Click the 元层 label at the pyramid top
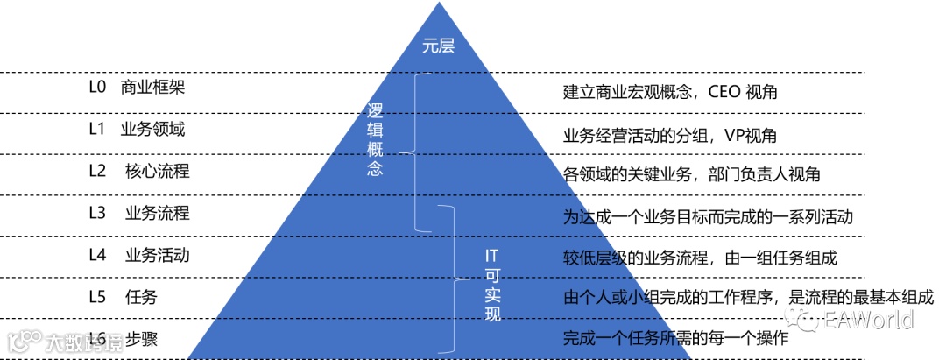pyautogui.click(x=439, y=47)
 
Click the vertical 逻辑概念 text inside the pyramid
pyautogui.click(x=375, y=138)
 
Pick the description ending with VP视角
pyautogui.click(x=669, y=136)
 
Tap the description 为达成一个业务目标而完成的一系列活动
pyautogui.click(x=708, y=216)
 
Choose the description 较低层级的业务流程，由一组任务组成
pyautogui.click(x=701, y=258)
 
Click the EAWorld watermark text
pyautogui.click(x=868, y=319)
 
